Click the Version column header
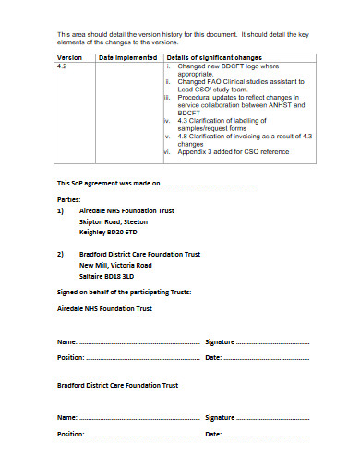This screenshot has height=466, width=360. point(70,57)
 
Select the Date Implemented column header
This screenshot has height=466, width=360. point(126,57)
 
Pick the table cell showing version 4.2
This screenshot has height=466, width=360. point(62,67)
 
